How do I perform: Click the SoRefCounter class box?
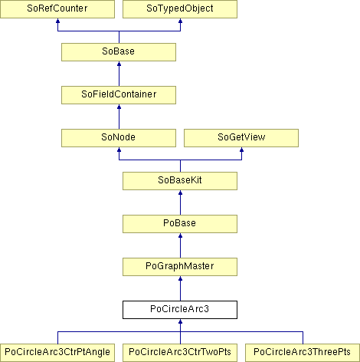click(57, 9)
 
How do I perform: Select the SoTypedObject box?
click(180, 9)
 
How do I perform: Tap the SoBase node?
click(119, 52)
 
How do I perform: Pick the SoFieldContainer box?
click(119, 95)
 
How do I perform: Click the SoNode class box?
click(119, 138)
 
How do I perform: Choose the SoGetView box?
click(241, 138)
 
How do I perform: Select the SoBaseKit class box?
click(180, 181)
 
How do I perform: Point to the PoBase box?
click(180, 224)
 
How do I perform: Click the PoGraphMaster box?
click(180, 267)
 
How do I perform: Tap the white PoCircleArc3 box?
click(180, 310)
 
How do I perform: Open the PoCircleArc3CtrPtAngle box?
click(57, 353)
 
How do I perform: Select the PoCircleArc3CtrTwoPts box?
click(180, 353)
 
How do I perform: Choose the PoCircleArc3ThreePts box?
click(303, 353)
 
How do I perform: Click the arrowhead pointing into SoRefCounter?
click(57, 21)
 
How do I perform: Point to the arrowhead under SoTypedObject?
click(180, 21)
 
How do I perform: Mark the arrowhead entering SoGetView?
click(241, 150)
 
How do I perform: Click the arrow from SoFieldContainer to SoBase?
click(119, 74)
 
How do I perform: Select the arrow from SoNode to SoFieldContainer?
click(119, 117)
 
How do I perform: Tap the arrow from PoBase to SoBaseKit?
click(180, 202)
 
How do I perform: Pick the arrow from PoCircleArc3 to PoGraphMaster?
click(180, 288)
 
